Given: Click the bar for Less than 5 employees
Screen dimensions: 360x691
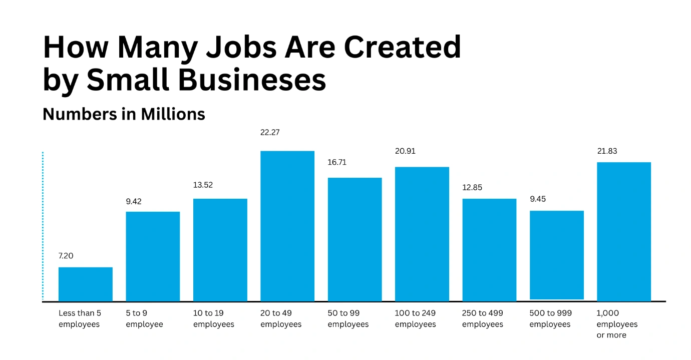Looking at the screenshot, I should pos(86,284).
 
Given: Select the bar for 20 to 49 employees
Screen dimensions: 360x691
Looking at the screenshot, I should pos(287,226).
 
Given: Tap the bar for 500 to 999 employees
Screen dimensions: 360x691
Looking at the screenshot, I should pos(557,255).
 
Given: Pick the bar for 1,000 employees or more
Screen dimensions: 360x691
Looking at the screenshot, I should pos(624,231).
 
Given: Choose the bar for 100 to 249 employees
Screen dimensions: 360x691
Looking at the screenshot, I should pos(422,234).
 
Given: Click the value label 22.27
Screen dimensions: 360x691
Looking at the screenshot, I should pos(270,133).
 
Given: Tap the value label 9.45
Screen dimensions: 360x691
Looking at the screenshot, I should pos(538,199).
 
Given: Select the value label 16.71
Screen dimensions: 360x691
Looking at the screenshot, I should pos(337,162).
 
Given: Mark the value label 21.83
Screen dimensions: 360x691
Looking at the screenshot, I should pos(607,151).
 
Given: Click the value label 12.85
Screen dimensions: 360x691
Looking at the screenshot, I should pos(472,188).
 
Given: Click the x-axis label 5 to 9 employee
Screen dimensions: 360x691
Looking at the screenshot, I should pos(144,318).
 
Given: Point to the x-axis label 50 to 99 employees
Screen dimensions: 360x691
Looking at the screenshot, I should pos(348,318).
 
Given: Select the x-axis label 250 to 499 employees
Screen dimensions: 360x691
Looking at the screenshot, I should pos(483,318).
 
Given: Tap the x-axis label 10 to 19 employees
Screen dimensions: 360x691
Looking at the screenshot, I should pos(214,318).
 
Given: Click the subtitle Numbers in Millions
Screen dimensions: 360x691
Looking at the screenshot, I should pos(124,114).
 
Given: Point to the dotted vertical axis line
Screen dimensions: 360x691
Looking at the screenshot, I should pos(43,225).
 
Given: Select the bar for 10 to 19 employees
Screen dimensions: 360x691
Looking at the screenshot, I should pos(220,250).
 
